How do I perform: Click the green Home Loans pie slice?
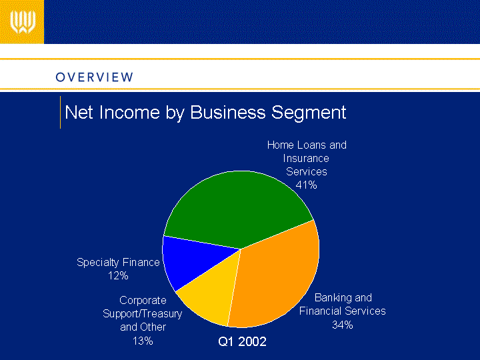pos(239,208)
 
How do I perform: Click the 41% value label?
pos(306,185)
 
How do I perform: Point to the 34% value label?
pos(343,325)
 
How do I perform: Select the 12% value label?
pos(118,276)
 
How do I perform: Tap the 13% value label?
pos(143,341)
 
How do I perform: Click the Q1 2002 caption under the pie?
pos(242,341)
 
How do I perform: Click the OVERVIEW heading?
pos(94,77)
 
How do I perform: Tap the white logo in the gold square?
pos(23,22)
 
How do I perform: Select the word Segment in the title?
pos(309,113)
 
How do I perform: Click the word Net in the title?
pos(79,112)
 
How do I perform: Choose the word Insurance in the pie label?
pos(306,158)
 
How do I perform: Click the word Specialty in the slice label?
pos(97,263)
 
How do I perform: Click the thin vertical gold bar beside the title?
pos(60,112)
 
